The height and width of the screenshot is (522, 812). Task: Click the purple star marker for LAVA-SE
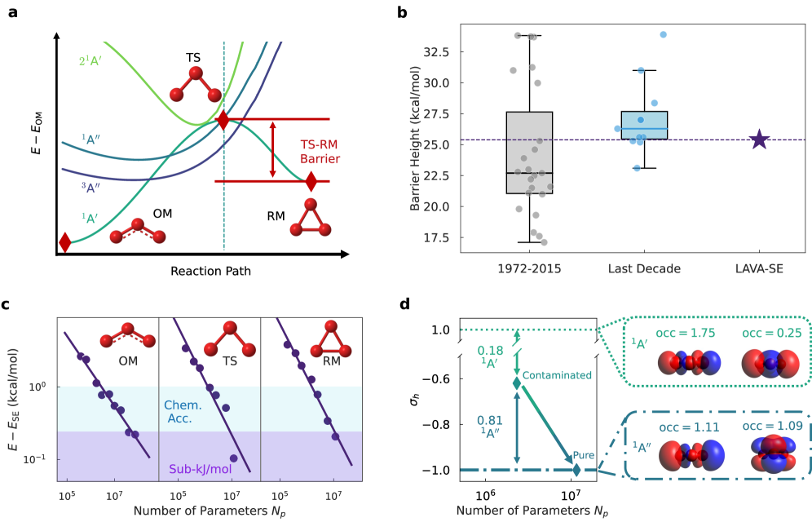pos(759,139)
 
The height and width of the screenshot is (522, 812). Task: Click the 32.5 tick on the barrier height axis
pos(441,52)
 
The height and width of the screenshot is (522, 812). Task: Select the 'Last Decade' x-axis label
pos(644,268)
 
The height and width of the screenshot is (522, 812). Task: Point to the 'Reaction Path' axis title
pos(211,270)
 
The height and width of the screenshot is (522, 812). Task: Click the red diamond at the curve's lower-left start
pos(65,242)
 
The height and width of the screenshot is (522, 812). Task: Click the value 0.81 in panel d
pos(490,420)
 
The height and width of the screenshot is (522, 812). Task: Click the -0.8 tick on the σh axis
pos(441,424)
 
